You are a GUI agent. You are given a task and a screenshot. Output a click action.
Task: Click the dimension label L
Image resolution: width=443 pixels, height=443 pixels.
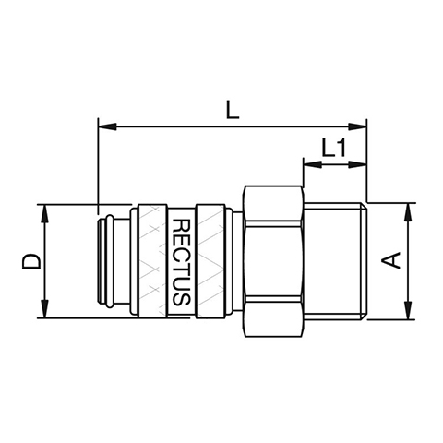(233, 111)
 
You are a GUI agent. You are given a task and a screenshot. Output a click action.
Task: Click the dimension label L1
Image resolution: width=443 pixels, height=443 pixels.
(334, 148)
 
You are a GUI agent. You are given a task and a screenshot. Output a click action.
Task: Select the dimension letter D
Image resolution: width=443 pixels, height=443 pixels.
(31, 261)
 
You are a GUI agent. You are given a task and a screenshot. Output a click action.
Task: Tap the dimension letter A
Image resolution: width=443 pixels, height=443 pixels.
(390, 260)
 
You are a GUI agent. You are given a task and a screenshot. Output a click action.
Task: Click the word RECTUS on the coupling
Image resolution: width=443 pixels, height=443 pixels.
(181, 262)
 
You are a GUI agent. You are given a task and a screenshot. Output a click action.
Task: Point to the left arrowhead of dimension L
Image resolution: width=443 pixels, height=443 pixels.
(107, 126)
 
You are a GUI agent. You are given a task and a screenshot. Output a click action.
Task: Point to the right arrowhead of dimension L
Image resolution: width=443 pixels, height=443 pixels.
(357, 126)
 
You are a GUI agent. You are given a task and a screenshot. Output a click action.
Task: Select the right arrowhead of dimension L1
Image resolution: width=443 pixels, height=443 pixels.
(357, 164)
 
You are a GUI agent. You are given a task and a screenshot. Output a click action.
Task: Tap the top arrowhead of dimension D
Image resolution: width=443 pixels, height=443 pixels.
(45, 214)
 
